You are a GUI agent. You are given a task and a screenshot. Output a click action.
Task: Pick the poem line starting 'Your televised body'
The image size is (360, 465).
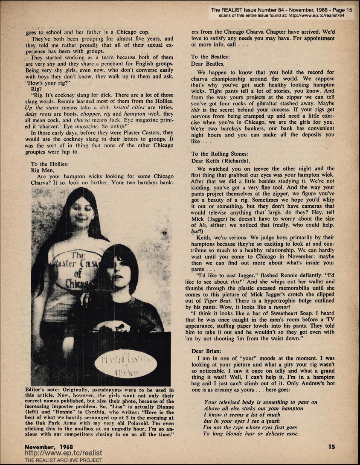261,402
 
